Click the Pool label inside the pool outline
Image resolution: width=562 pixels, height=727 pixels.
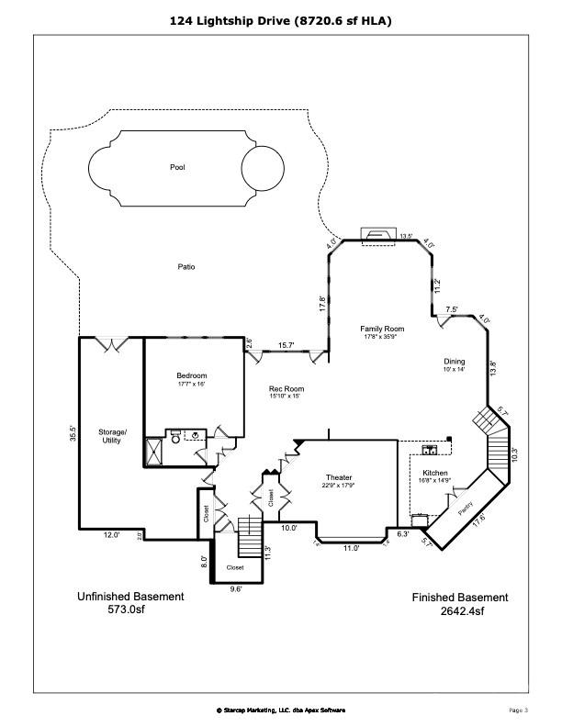[x=177, y=168]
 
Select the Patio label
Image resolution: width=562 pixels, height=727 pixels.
[x=186, y=267]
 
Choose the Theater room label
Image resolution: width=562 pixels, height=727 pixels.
[x=339, y=477]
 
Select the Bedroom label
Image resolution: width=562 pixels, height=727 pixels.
[x=192, y=375]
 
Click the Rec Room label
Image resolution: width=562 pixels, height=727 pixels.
[x=287, y=389]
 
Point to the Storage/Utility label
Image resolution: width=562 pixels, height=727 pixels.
[x=114, y=436]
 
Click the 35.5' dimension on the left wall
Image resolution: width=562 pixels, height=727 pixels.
[x=72, y=433]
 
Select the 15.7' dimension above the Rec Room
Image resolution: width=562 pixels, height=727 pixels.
[x=286, y=345]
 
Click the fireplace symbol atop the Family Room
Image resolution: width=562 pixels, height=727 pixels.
[x=377, y=234]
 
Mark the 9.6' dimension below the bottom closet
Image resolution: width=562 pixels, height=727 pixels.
[x=235, y=589]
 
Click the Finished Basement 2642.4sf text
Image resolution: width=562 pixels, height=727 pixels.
[x=459, y=603]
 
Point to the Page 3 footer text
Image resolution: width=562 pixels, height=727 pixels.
[x=518, y=710]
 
